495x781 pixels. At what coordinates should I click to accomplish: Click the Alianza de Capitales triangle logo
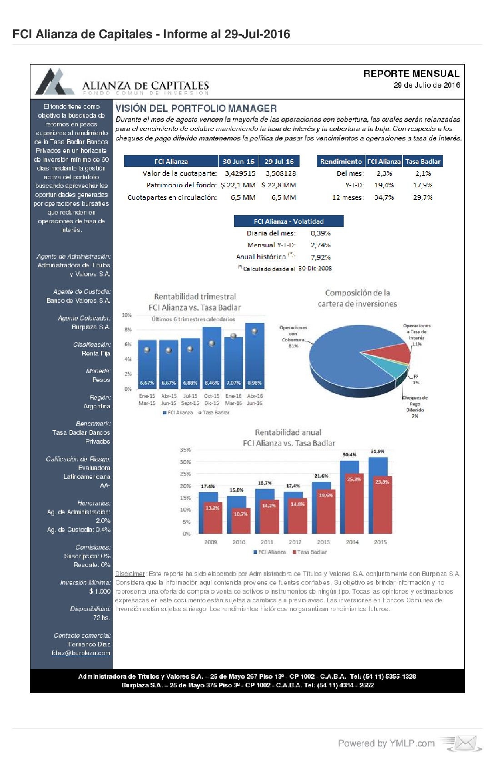(55, 82)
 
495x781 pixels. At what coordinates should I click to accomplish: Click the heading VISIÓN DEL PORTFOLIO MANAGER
(196, 108)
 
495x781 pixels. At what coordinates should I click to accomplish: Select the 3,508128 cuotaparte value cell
(280, 173)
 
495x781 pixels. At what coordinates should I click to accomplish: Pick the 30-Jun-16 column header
(238, 161)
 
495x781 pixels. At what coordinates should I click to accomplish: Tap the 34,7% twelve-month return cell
(384, 197)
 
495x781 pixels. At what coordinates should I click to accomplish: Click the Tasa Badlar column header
(423, 161)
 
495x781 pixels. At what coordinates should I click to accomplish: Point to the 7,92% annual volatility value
(320, 257)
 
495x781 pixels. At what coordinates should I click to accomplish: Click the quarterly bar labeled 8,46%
(212, 359)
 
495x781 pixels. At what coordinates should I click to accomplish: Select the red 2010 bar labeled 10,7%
(241, 521)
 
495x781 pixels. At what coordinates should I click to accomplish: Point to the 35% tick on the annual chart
(185, 450)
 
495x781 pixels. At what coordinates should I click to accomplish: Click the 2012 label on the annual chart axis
(295, 542)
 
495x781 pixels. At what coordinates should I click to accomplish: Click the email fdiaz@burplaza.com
(81, 653)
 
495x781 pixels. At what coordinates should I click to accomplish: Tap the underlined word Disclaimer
(130, 574)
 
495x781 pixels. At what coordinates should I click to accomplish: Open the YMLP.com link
(412, 743)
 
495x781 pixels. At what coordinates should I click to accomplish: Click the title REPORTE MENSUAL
(411, 74)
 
